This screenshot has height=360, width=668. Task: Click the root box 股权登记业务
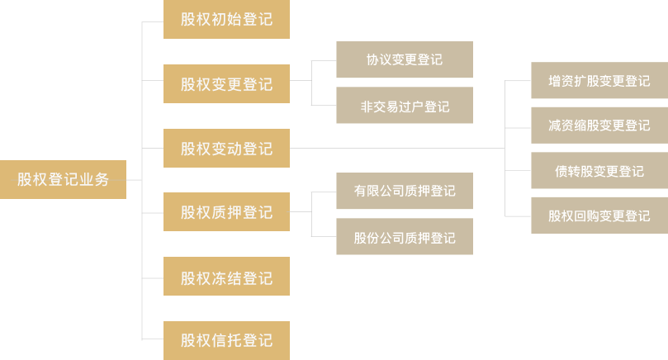pyautogui.click(x=63, y=179)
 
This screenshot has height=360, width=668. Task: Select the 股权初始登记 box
pyautogui.click(x=226, y=18)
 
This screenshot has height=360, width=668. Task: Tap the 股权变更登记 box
pyautogui.click(x=226, y=83)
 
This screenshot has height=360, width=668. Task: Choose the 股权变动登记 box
pyautogui.click(x=226, y=149)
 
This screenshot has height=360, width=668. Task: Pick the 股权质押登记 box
pyautogui.click(x=226, y=212)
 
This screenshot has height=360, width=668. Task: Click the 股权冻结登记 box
pyautogui.click(x=226, y=277)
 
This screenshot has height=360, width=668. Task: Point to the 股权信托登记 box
pyautogui.click(x=226, y=339)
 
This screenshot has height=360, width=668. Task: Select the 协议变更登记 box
pyautogui.click(x=405, y=59)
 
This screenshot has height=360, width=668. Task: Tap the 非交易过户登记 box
pyautogui.click(x=405, y=106)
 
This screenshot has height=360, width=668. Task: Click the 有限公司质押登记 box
pyautogui.click(x=405, y=191)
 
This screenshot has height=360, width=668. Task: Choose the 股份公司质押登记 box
pyautogui.click(x=405, y=238)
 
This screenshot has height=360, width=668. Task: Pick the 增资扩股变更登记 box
pyautogui.click(x=599, y=81)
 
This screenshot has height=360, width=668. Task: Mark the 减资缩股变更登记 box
pyautogui.click(x=599, y=126)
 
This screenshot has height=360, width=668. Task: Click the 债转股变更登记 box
pyautogui.click(x=599, y=171)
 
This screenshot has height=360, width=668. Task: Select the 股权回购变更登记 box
pyautogui.click(x=599, y=216)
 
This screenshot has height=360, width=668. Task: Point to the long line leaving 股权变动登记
pyautogui.click(x=396, y=149)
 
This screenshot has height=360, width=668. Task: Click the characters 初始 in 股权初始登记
pyautogui.click(x=226, y=18)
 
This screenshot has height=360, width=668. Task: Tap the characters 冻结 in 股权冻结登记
pyautogui.click(x=226, y=277)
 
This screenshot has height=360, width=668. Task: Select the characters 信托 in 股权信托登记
pyautogui.click(x=226, y=339)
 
